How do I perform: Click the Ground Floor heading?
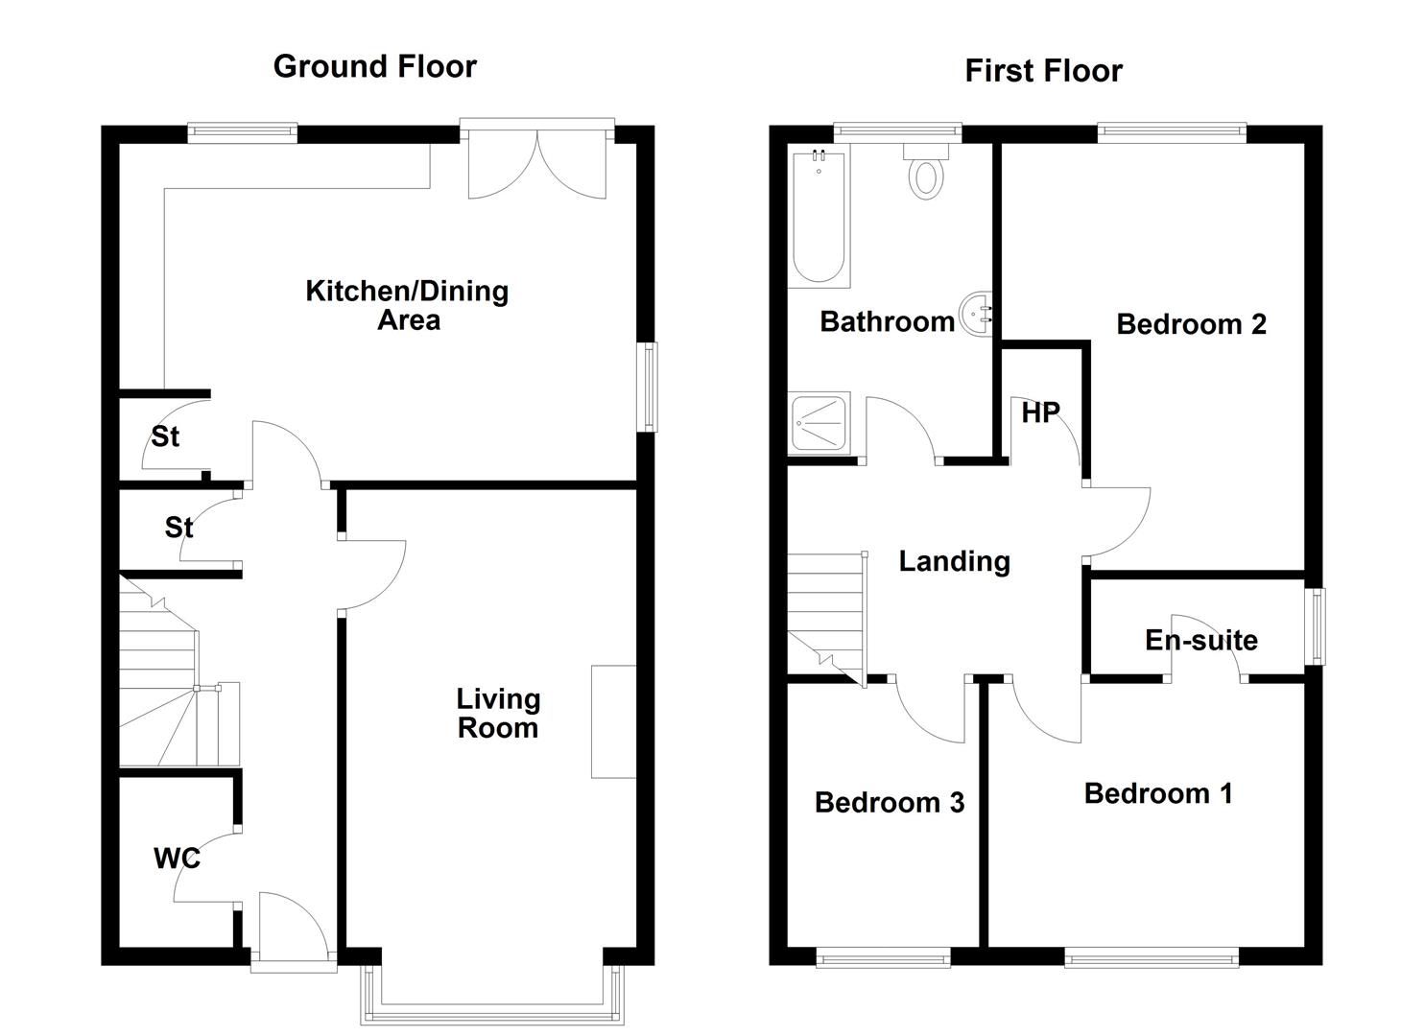[x=374, y=67]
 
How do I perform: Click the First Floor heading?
[x=1043, y=71]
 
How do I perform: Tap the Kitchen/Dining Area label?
[x=407, y=305]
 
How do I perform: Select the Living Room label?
[x=498, y=713]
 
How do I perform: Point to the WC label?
[x=177, y=859]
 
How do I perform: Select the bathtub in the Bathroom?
[x=819, y=216]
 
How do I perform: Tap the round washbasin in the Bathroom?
[x=977, y=314]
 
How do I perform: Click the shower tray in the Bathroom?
[x=819, y=423]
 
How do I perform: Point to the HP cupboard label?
[x=1041, y=413]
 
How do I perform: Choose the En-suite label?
[x=1201, y=641]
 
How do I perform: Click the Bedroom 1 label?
[x=1158, y=793]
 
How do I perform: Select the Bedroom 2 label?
[x=1191, y=324]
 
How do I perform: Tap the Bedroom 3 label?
[x=890, y=803]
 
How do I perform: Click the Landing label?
[x=954, y=561]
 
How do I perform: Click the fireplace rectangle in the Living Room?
[x=614, y=721]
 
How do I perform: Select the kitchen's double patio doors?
[x=537, y=159]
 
